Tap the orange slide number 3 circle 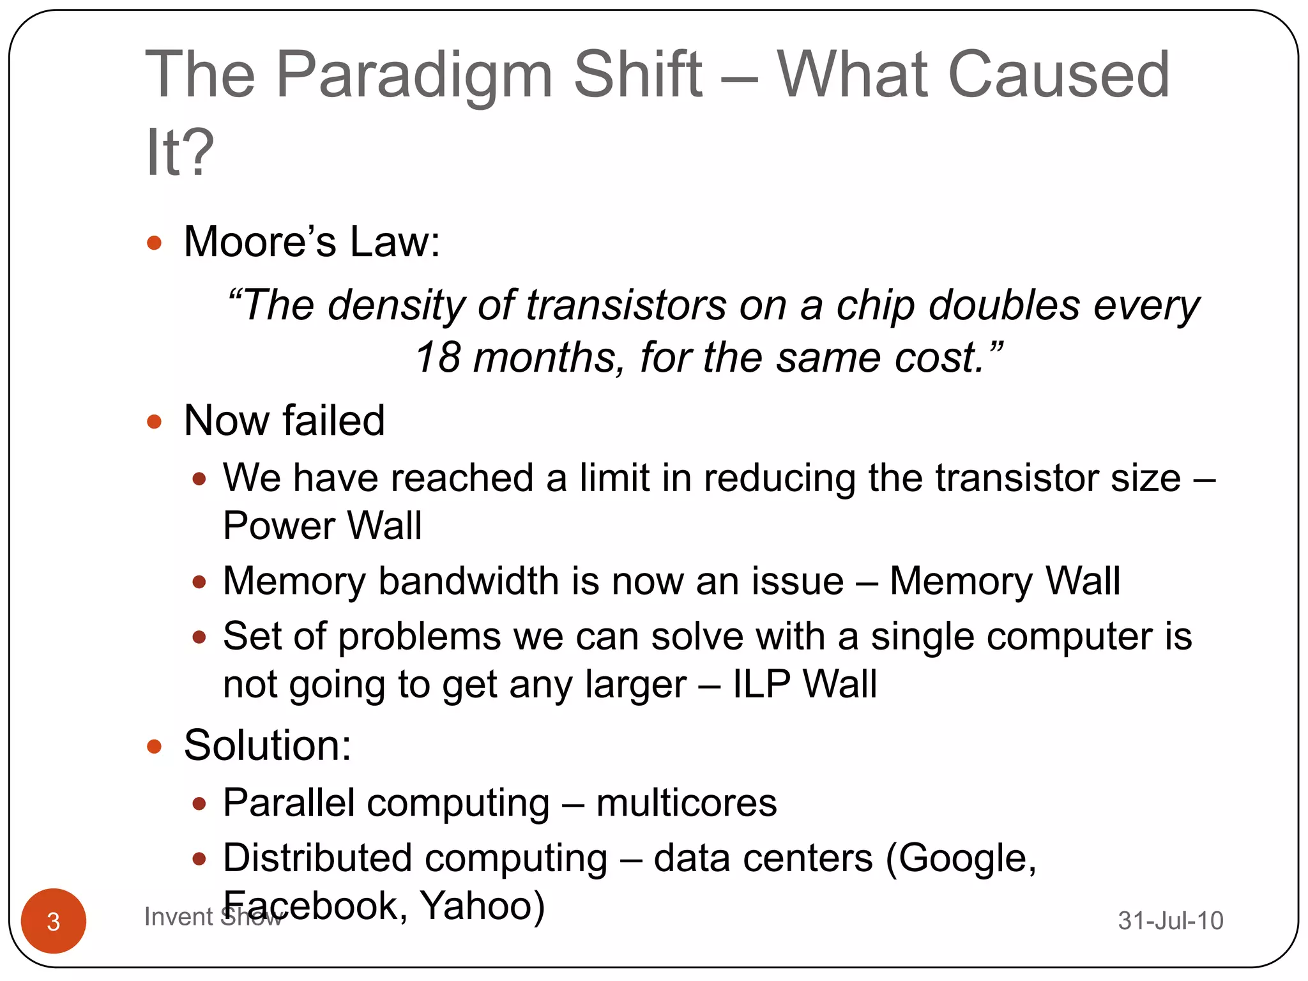coord(54,920)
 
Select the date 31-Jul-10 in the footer coord(1170,920)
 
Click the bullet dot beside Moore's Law coord(154,243)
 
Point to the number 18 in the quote coord(437,357)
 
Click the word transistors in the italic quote coord(626,305)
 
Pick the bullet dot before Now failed coord(154,422)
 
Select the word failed coord(333,421)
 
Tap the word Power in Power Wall coord(279,526)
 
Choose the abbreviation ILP coord(761,685)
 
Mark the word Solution coord(267,745)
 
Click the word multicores coord(687,803)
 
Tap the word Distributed coord(319,858)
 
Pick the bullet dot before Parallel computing coord(199,803)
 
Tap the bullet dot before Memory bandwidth coord(199,582)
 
